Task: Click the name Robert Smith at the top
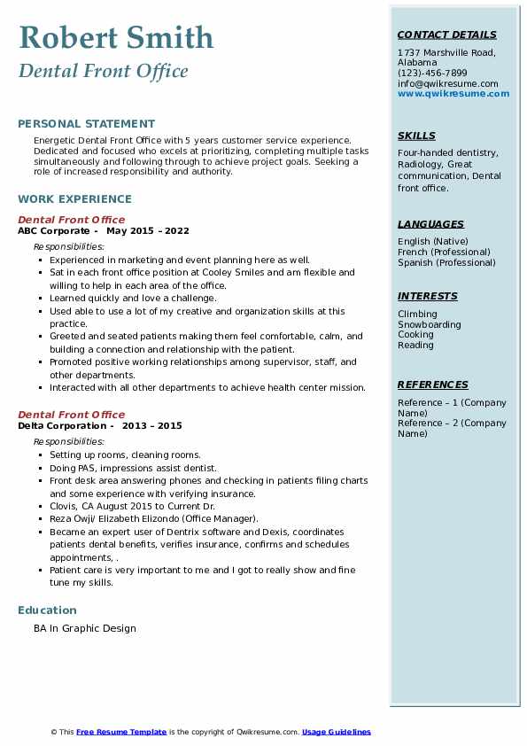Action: (x=116, y=37)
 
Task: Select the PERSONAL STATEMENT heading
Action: (x=86, y=124)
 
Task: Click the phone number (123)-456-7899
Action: (x=432, y=73)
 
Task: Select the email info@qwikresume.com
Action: (x=447, y=83)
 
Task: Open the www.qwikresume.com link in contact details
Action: (x=453, y=93)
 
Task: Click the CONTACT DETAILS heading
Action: (x=446, y=35)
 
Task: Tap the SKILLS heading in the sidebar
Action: (x=416, y=136)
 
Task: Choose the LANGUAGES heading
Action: (x=430, y=224)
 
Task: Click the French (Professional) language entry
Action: (x=445, y=252)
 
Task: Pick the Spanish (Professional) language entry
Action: (x=446, y=262)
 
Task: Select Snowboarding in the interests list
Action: (x=429, y=324)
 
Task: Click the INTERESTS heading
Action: (x=427, y=296)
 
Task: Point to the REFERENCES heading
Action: (x=432, y=385)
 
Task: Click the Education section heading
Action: (x=47, y=610)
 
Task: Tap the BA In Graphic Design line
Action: (x=85, y=628)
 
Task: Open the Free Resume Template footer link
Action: (x=121, y=732)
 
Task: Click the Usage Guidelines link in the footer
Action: (x=336, y=732)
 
